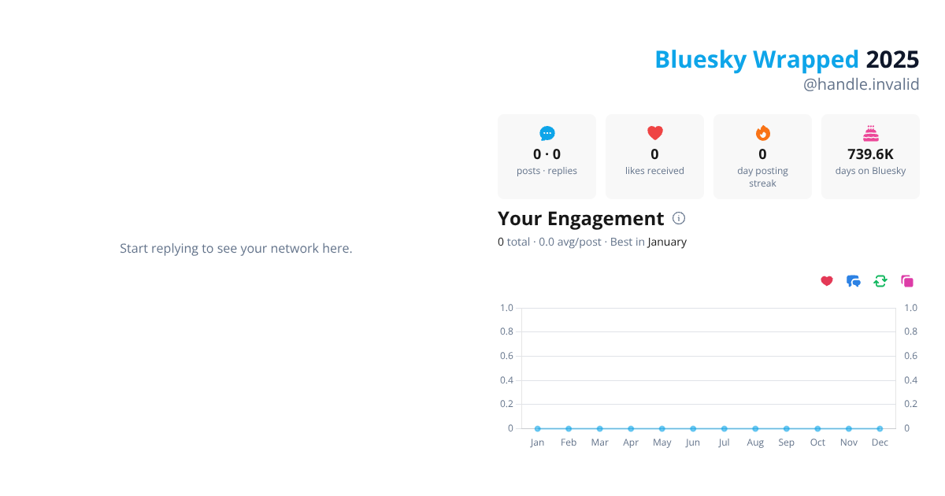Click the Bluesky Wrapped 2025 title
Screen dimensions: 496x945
pos(787,60)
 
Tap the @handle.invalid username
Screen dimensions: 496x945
pos(861,84)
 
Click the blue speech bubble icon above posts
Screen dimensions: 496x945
pos(547,134)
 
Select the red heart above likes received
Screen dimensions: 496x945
pos(655,133)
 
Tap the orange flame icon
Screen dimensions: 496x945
pos(762,133)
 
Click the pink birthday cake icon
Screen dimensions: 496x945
pos(870,133)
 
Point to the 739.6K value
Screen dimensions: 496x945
pos(870,154)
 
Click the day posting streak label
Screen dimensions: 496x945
pos(762,177)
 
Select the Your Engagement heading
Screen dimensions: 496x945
pos(580,218)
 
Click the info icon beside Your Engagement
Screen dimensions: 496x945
pos(679,218)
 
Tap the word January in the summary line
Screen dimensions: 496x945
pos(667,242)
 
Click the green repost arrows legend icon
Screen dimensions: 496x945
pos(880,281)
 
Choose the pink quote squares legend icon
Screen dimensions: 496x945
pos(907,281)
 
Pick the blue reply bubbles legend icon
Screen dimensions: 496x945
pos(854,281)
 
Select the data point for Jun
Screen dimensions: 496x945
pos(693,428)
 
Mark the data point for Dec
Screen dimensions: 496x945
pos(880,428)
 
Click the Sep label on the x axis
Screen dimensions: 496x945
pos(786,442)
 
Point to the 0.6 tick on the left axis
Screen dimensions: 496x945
pos(506,356)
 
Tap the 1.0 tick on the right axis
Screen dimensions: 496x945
pos(910,308)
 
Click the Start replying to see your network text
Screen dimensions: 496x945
pos(236,248)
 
